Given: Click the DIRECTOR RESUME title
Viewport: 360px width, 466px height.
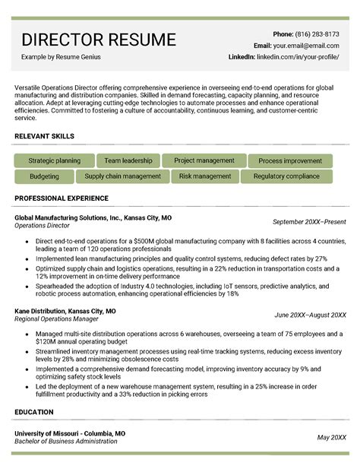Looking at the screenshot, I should [x=98, y=40].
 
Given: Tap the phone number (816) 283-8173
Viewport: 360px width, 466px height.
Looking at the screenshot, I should [x=317, y=34].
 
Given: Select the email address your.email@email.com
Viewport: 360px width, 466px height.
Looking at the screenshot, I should [x=317, y=46].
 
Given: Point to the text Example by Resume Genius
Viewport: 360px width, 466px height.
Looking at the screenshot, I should [x=61, y=57].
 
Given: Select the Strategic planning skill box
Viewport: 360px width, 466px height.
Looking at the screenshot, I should [x=54, y=161].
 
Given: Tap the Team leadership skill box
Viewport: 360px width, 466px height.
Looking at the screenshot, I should [x=128, y=161].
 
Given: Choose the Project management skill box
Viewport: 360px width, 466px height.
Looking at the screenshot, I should [x=204, y=161].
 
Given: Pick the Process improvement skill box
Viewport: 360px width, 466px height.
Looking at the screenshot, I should [x=290, y=161].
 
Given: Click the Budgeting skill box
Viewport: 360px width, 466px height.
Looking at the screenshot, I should [x=44, y=176].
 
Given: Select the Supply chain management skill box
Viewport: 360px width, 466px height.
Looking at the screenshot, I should [x=122, y=176].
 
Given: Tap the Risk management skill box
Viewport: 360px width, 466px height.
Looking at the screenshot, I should [x=205, y=176].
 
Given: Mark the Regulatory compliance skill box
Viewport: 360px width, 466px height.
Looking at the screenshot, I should [x=286, y=176].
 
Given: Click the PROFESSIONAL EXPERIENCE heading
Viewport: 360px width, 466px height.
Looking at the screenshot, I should [x=62, y=198].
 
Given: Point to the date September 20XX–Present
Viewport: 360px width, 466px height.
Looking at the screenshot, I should [x=309, y=222].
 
